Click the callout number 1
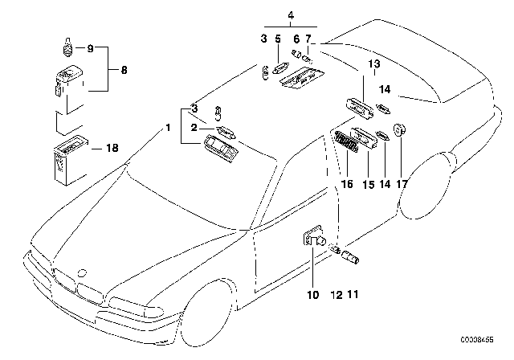coord(168,128)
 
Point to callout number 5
coord(277,38)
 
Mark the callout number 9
coord(91,49)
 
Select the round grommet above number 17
coord(401,131)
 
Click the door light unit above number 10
coord(313,236)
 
